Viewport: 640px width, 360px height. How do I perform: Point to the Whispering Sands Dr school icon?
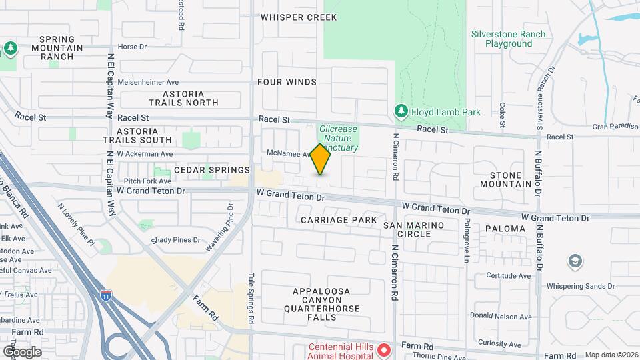573,261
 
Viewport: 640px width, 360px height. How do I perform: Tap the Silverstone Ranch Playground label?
508,39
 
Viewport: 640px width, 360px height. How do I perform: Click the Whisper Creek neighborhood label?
299,17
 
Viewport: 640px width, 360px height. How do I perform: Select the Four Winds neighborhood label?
287,82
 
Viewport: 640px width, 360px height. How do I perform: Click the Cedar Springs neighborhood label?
211,170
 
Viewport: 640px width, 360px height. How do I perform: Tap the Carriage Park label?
339,219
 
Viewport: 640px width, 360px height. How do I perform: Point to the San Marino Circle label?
413,229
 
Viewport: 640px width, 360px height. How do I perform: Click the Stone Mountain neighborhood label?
505,179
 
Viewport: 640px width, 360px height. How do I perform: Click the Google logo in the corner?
22,351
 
